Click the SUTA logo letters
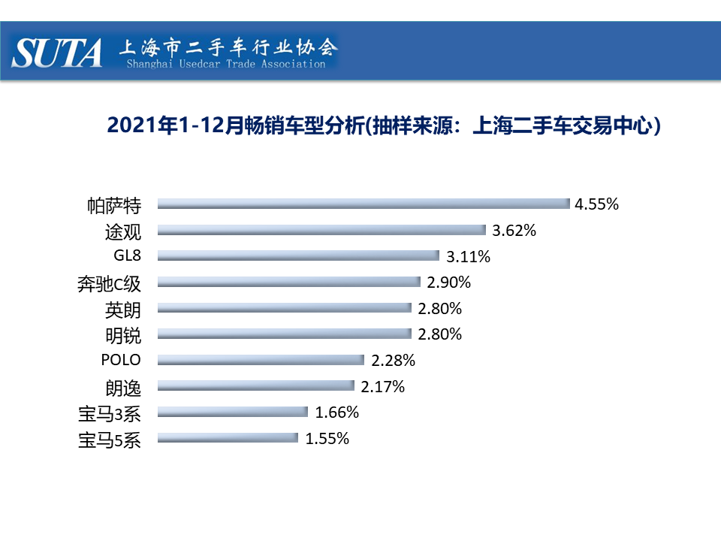[x=58, y=53]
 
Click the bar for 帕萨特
[x=363, y=204]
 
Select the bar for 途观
[x=321, y=230]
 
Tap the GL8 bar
[x=297, y=255]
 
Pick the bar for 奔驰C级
[x=288, y=282]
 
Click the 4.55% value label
[x=596, y=204]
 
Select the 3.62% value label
[x=514, y=230]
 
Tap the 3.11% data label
[x=468, y=256]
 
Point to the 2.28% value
[x=393, y=360]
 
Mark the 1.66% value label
[x=337, y=412]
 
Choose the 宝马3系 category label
[x=109, y=413]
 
